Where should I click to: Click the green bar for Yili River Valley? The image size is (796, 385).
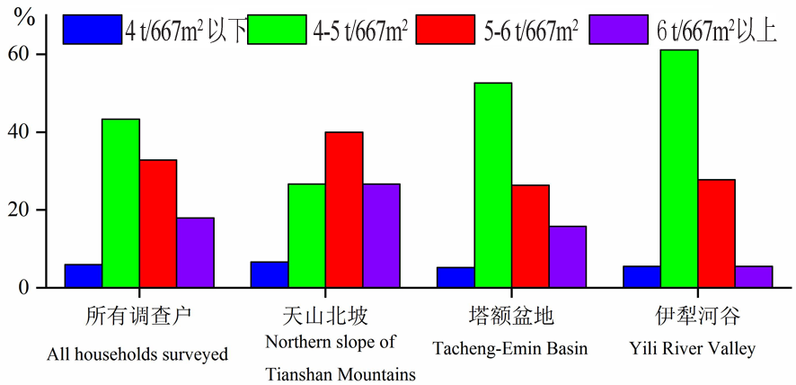[x=678, y=169]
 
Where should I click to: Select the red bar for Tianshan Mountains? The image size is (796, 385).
[x=344, y=210]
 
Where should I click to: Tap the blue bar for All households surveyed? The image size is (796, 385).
[x=83, y=276]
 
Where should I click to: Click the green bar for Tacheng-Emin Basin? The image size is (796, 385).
[x=492, y=185]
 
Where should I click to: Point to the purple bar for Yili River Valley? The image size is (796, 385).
[x=753, y=277]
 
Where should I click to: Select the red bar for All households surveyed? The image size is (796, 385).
[x=157, y=224]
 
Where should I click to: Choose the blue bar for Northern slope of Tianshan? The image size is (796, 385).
[x=269, y=274]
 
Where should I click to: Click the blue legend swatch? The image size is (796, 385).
[x=92, y=29]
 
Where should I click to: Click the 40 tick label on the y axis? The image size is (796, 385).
[x=31, y=132]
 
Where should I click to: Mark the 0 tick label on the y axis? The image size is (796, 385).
[x=35, y=288]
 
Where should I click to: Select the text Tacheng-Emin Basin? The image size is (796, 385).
[x=509, y=349]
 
